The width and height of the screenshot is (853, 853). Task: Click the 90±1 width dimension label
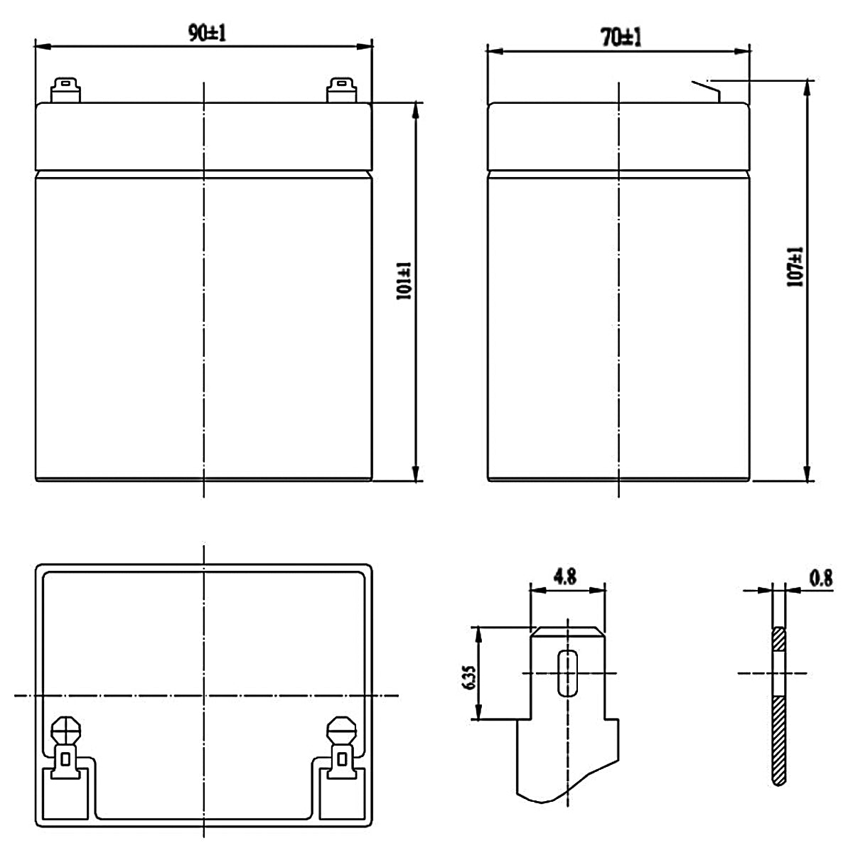tap(207, 33)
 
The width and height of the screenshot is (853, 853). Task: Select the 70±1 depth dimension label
tap(621, 38)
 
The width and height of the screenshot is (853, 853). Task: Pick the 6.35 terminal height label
tap(468, 672)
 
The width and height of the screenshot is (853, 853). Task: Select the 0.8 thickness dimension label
tap(820, 579)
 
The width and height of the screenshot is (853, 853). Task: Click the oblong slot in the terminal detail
tap(567, 672)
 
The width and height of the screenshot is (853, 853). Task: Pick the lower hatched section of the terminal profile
tap(779, 739)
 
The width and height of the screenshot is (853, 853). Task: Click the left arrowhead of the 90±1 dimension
tap(41, 47)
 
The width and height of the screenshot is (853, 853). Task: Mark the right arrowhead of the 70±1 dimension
tap(744, 51)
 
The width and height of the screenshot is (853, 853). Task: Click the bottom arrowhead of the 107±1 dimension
tap(807, 474)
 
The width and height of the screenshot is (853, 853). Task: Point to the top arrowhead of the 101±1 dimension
tap(414, 109)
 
